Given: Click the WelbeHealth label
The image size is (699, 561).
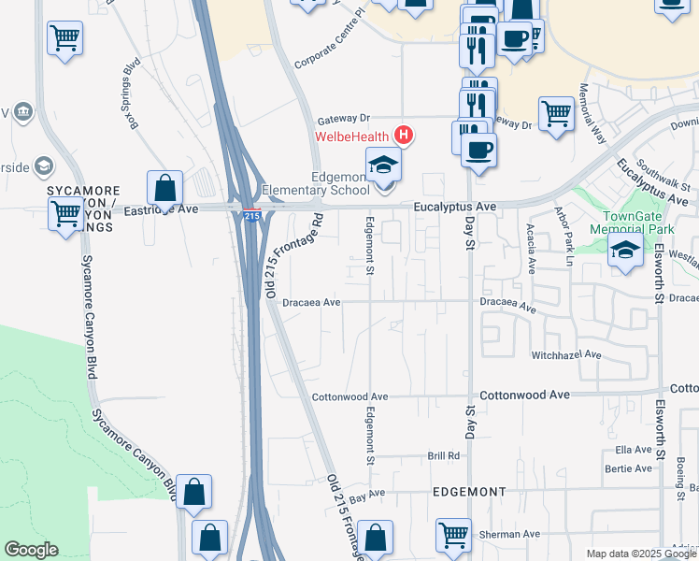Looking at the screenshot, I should [x=353, y=137].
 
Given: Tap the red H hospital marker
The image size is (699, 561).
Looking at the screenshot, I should [x=403, y=136].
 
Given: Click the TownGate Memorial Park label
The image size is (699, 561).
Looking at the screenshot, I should [x=632, y=221].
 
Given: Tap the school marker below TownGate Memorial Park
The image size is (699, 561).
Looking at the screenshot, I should [x=625, y=250].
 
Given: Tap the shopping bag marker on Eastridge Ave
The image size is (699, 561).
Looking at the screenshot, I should [x=165, y=187].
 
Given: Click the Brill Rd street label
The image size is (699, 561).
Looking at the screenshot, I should [x=444, y=456].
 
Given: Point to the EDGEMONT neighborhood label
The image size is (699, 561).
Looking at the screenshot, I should [x=469, y=491].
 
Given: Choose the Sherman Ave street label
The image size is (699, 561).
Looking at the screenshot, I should [x=506, y=535].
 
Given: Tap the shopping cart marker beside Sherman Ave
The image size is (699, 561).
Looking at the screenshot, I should [x=453, y=535].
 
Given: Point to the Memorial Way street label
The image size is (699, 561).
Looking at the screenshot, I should [x=592, y=113].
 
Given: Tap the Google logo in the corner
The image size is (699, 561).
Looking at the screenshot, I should [x=31, y=550].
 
